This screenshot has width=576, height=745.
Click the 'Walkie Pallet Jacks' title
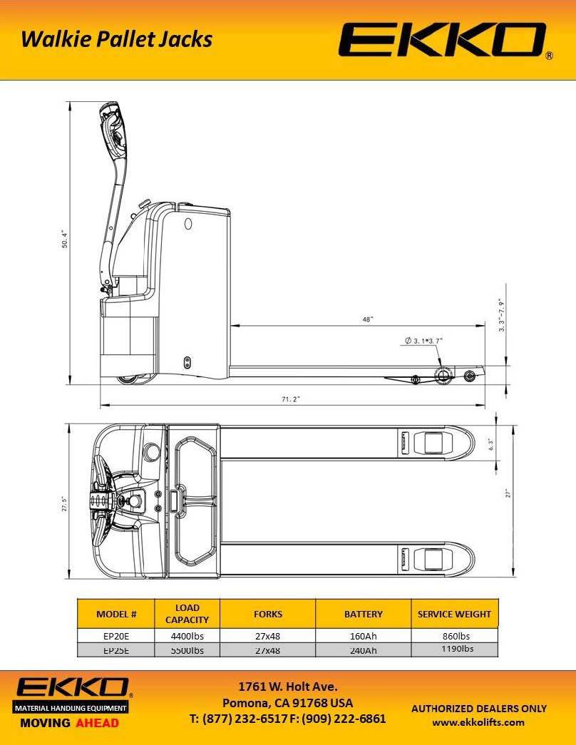(x=116, y=38)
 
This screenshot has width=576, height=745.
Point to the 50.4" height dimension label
(x=64, y=240)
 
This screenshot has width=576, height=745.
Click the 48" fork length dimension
(x=367, y=320)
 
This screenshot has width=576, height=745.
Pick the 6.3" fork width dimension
(x=490, y=443)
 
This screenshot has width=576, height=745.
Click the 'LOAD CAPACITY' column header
(x=187, y=614)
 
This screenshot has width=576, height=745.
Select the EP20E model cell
(x=115, y=636)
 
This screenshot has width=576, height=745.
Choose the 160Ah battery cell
(x=363, y=636)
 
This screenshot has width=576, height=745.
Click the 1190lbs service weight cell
(x=454, y=649)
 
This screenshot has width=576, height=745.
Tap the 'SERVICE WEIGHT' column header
(x=454, y=614)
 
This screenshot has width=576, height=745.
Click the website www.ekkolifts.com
(x=478, y=722)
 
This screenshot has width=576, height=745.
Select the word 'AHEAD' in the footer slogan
(x=97, y=722)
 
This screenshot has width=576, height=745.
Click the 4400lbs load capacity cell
(x=187, y=636)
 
